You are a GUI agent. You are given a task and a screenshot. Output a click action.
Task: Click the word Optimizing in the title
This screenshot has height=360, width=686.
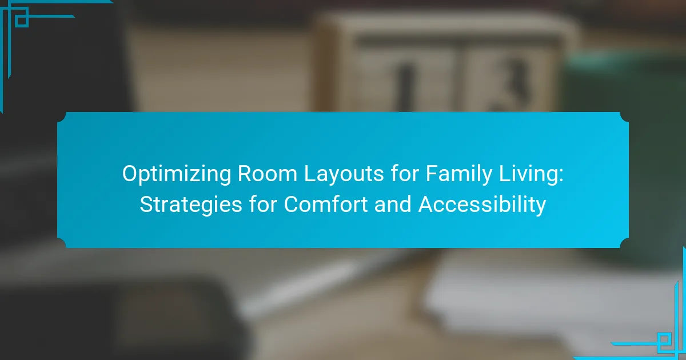pos(177,174)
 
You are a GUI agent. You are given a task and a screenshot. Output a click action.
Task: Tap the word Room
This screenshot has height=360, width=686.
pos(268,174)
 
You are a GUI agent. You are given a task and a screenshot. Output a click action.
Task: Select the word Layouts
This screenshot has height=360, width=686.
pos(344,174)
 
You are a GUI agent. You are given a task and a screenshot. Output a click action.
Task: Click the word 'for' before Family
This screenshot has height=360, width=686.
pos(405,173)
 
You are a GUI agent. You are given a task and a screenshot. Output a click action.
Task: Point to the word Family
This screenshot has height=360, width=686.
pos(458,174)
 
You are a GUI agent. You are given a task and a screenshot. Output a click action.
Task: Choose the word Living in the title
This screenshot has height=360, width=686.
pos(528,174)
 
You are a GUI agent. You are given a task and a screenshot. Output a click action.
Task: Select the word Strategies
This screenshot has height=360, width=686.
pos(191,205)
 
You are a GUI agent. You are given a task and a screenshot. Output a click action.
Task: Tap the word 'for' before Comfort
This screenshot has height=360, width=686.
pos(263,204)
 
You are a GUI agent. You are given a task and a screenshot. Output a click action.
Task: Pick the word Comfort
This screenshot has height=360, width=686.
pos(326,204)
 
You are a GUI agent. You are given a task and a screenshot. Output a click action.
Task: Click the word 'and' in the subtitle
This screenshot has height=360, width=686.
pos(393,204)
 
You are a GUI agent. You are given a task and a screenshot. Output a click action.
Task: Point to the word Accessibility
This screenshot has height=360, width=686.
pos(482,205)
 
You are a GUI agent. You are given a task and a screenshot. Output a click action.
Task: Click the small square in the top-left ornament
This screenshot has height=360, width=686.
pos(22,21)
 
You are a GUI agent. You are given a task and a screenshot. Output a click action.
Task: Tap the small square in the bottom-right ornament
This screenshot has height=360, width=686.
pos(664,339)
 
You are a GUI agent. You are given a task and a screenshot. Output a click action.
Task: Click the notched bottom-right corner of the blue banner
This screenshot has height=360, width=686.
pos(624,243)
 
